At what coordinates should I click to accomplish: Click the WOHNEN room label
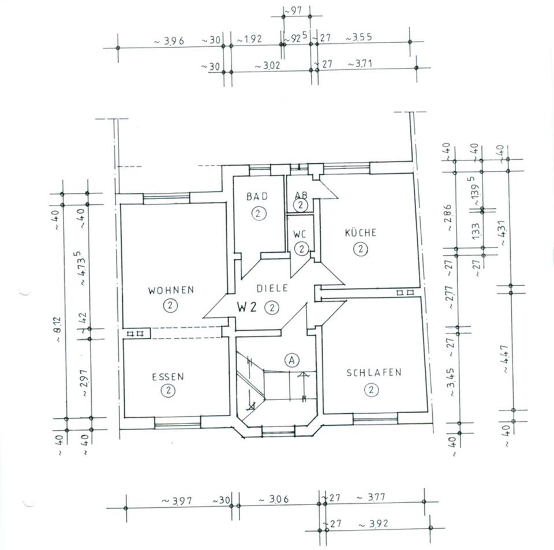tap(171, 290)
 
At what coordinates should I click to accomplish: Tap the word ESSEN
tap(168, 377)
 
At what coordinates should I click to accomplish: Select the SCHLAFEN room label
tap(374, 373)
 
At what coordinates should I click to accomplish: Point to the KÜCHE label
tap(360, 233)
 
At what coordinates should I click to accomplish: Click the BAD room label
tap(257, 196)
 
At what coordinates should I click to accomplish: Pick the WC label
tap(300, 234)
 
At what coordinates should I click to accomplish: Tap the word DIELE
tap(272, 288)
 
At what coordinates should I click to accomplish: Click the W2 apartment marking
tap(246, 308)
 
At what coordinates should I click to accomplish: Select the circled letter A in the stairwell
tap(292, 360)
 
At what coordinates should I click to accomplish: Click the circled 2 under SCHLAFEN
tap(371, 390)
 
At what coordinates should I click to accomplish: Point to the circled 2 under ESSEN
tap(168, 391)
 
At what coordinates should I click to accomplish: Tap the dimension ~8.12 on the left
tap(58, 329)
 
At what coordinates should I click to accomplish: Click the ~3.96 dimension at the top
tap(169, 41)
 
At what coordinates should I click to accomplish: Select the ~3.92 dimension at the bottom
tap(373, 523)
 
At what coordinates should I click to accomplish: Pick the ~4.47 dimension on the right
tap(506, 358)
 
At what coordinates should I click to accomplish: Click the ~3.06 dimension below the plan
tap(274, 499)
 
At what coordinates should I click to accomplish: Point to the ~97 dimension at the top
tap(293, 11)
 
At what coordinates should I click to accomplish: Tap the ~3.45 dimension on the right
tap(451, 383)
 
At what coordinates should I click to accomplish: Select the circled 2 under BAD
tap(259, 214)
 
